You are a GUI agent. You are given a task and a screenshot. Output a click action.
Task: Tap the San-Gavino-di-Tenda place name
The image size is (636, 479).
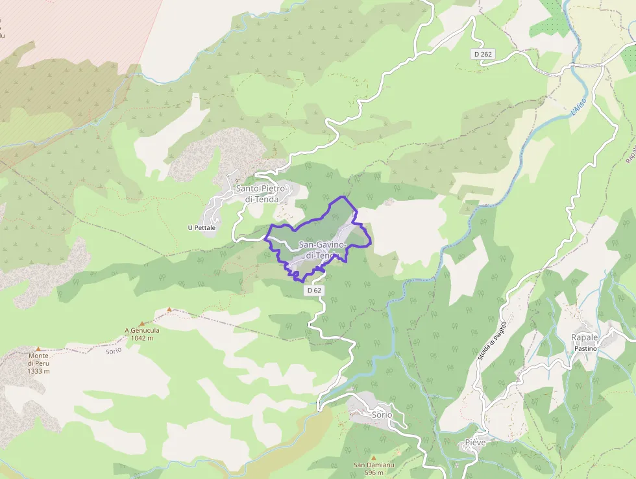tap(323, 250)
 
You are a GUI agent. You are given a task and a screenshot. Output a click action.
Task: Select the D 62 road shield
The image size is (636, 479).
tap(315, 291)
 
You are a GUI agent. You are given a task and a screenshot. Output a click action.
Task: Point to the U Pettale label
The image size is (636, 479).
tap(201, 227)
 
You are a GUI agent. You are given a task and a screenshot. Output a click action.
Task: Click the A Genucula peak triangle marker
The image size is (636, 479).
tap(141, 323)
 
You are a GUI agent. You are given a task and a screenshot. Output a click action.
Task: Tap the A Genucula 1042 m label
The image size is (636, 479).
tap(142, 334)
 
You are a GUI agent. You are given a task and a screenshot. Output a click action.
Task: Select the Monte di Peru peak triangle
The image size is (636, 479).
tap(38, 349)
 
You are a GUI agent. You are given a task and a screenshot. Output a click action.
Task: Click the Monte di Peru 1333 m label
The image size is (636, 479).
tap(39, 363)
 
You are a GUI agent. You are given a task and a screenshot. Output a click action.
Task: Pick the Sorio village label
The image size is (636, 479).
tap(382, 415)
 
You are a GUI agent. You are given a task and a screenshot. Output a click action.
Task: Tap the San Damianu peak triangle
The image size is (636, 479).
tap(373, 458)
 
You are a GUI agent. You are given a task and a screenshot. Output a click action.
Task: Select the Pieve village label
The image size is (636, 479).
tap(475, 443)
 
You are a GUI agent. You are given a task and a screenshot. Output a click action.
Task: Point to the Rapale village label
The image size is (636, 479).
tap(585, 337)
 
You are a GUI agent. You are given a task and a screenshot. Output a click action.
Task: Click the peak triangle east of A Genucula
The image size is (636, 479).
tap(169, 309)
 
